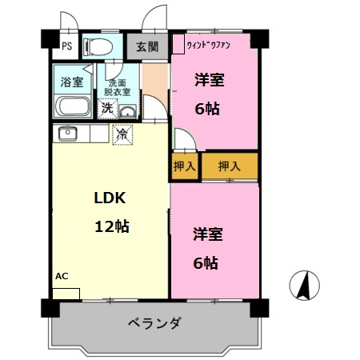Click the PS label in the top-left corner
(66, 45)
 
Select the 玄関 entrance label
(146, 46)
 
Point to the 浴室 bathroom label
(72, 81)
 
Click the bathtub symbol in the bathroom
(72, 106)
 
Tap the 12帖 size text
(112, 226)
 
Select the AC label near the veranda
(62, 276)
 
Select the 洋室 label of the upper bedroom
(210, 79)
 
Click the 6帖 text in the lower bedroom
(206, 262)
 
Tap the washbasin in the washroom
(127, 110)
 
